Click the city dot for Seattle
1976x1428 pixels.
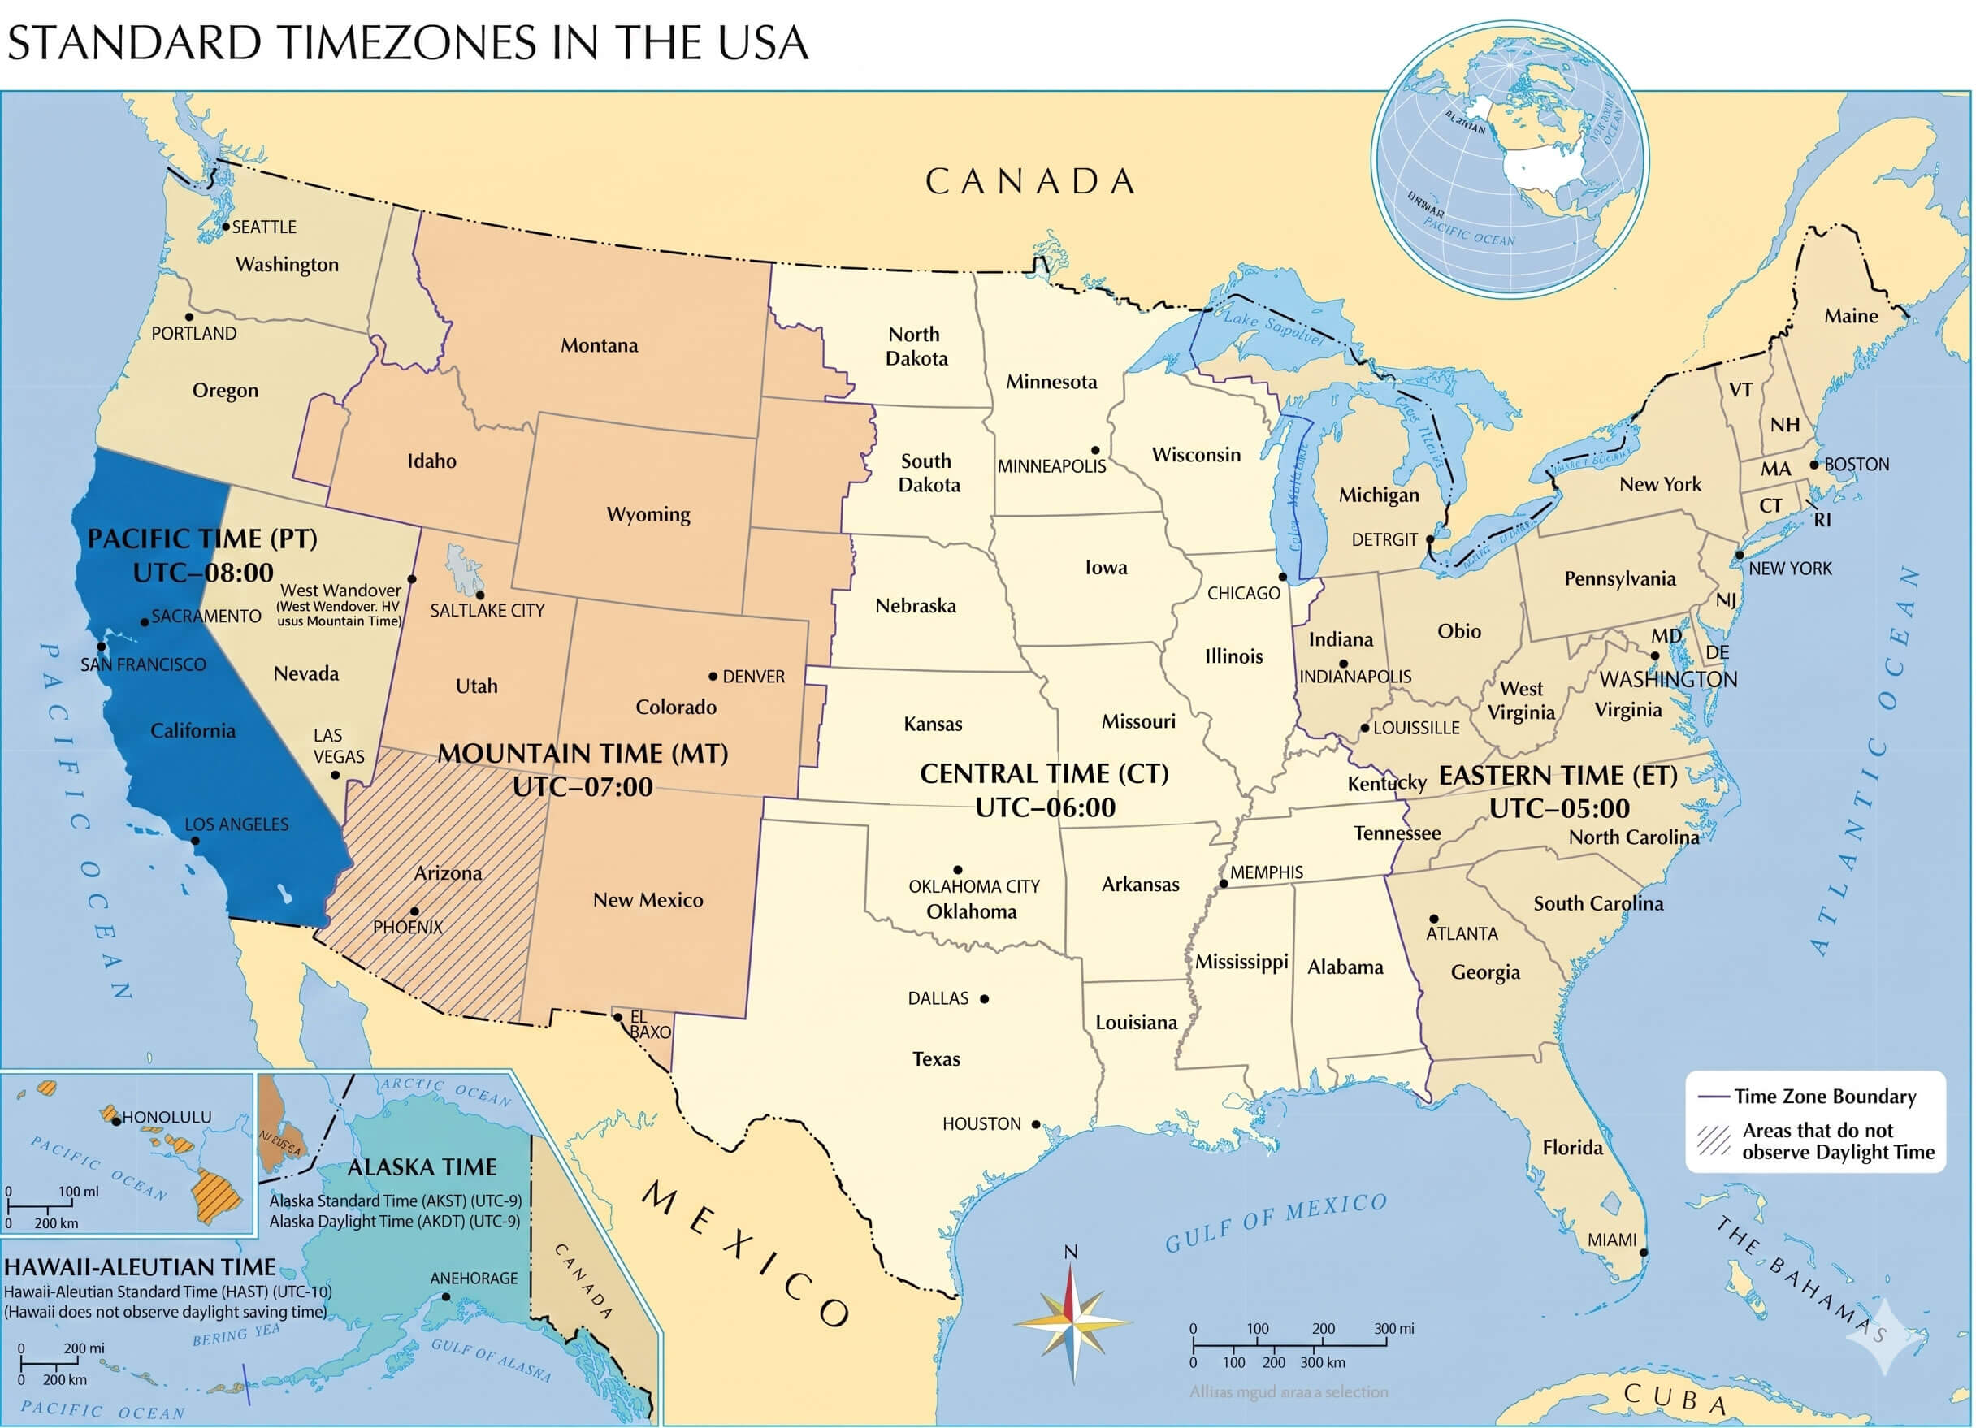point(226,227)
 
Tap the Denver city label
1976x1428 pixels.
point(754,676)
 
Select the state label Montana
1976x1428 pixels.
point(599,345)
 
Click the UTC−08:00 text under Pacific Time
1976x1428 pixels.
point(203,573)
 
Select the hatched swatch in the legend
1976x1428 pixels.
point(1713,1140)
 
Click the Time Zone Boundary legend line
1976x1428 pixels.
point(1713,1097)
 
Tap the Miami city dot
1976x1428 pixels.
point(1644,1252)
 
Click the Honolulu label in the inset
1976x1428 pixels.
point(167,1117)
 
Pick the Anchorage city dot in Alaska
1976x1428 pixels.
point(446,1296)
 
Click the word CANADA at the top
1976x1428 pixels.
point(1031,181)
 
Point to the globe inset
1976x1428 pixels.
point(1509,159)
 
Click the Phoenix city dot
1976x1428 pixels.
point(414,911)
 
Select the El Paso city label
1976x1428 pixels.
point(649,1024)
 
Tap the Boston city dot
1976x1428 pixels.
point(1814,465)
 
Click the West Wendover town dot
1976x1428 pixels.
point(412,578)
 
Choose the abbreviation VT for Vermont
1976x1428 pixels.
point(1740,391)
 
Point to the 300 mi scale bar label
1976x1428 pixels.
point(1394,1329)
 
